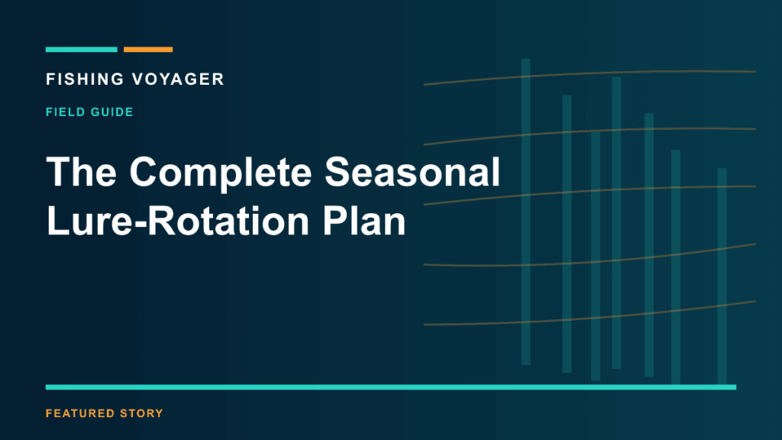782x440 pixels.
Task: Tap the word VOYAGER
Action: pos(178,79)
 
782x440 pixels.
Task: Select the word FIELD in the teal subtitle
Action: pos(65,112)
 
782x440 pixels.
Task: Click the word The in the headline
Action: pos(81,172)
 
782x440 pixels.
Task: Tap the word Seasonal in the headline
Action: pos(412,172)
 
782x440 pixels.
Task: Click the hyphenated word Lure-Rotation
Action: pos(178,221)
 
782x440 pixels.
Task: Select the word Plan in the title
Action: pos(364,221)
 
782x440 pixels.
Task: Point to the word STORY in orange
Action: pos(141,413)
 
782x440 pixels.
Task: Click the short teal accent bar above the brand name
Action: pos(81,50)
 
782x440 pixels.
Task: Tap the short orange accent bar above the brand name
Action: pos(148,50)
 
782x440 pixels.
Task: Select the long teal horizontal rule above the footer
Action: pos(391,387)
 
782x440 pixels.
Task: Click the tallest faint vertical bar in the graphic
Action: pos(525,212)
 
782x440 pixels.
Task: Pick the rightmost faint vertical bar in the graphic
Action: pos(722,277)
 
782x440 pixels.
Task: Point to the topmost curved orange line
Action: pos(590,74)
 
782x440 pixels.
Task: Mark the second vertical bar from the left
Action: pos(567,234)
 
